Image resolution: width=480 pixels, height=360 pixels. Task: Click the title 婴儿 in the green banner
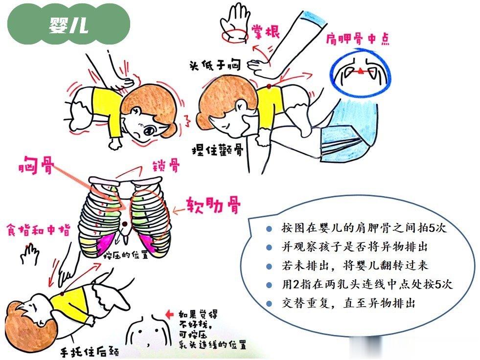69,24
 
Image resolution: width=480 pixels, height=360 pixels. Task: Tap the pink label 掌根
265,31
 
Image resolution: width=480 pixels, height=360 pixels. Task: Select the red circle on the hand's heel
234,35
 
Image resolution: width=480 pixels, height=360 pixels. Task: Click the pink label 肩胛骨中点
357,40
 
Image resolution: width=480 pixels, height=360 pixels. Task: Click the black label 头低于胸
215,65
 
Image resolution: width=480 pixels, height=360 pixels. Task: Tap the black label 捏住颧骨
218,150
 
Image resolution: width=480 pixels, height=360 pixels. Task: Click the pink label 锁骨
166,166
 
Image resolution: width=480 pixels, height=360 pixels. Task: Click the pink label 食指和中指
39,230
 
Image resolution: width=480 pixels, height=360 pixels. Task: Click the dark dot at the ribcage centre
125,225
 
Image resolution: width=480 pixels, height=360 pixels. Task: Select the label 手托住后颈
89,351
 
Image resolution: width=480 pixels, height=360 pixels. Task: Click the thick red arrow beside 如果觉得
169,314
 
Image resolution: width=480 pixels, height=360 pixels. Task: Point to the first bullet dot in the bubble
269,229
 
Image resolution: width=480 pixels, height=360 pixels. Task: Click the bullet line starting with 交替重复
349,303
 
